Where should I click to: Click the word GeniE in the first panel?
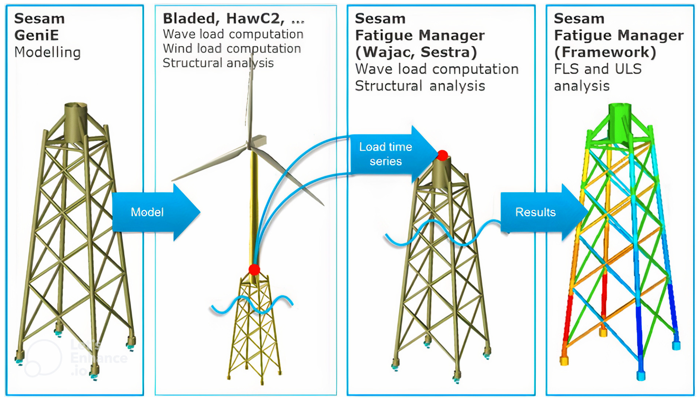point(37,35)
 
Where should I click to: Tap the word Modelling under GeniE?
point(47,52)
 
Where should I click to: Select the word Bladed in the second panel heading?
point(189,19)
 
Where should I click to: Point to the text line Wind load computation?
point(232,48)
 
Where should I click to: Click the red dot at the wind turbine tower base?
point(254,269)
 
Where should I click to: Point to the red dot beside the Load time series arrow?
point(442,155)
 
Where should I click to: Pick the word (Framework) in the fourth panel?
point(605,52)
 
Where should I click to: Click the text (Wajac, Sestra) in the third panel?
point(416,52)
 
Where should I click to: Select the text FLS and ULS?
point(597,69)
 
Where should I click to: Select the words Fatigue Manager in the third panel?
point(420,35)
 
